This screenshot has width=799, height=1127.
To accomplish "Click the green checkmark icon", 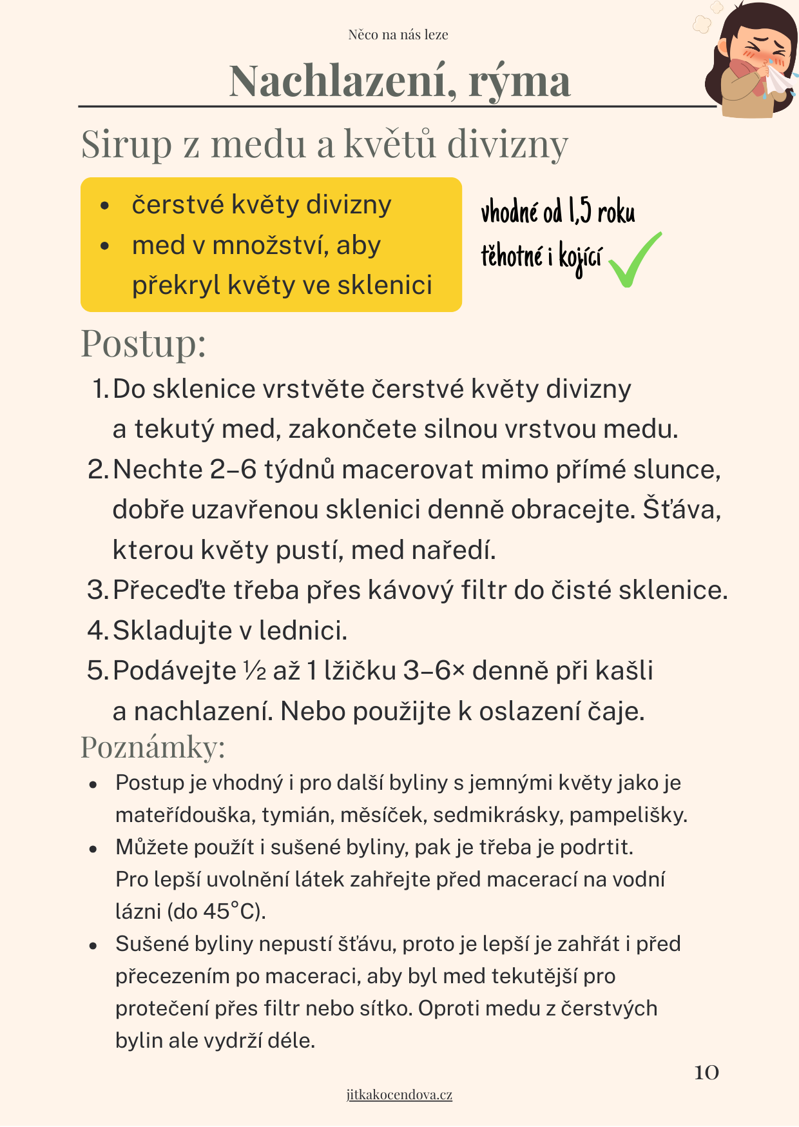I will tap(634, 260).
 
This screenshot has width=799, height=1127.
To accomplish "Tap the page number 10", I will tap(706, 1072).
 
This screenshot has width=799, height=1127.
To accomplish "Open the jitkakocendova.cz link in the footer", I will tap(399, 1094).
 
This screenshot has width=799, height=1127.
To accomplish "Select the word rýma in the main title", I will tap(519, 81).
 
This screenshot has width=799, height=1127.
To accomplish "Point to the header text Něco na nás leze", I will tap(398, 35).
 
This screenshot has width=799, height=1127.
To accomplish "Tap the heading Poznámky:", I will tap(153, 747).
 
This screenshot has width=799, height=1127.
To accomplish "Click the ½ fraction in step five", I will tap(255, 671).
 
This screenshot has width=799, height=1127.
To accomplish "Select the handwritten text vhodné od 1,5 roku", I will tap(558, 211).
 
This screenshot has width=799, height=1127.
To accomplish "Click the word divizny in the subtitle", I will tap(508, 144).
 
